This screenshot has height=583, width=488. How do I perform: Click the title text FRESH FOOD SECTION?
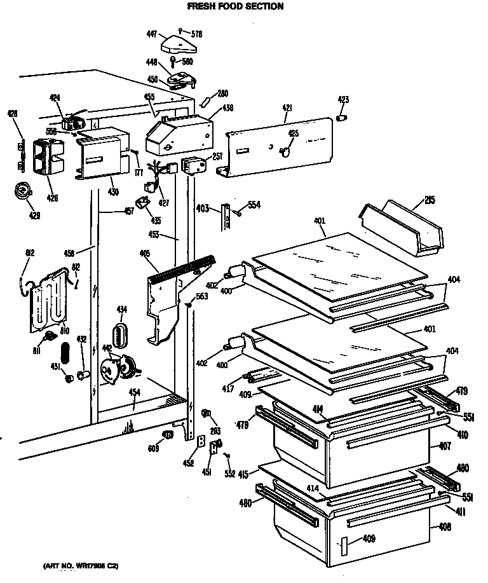click(226, 6)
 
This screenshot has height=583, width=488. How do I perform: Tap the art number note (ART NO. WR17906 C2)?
click(81, 565)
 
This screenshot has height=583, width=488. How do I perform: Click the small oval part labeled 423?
click(342, 118)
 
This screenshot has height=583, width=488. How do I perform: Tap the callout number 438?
click(227, 108)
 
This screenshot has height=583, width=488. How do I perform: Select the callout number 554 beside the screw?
click(254, 205)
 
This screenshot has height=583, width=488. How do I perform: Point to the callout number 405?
click(144, 254)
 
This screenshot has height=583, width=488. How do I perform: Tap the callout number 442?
click(107, 348)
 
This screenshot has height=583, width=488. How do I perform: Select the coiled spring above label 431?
click(64, 353)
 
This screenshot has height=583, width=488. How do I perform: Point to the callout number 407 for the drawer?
click(444, 446)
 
